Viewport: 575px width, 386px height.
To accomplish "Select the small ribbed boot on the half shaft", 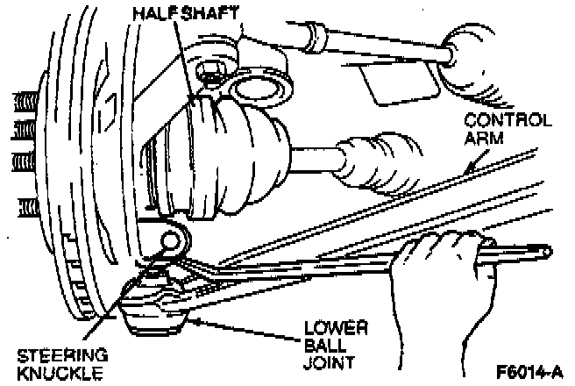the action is (x=373, y=158).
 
